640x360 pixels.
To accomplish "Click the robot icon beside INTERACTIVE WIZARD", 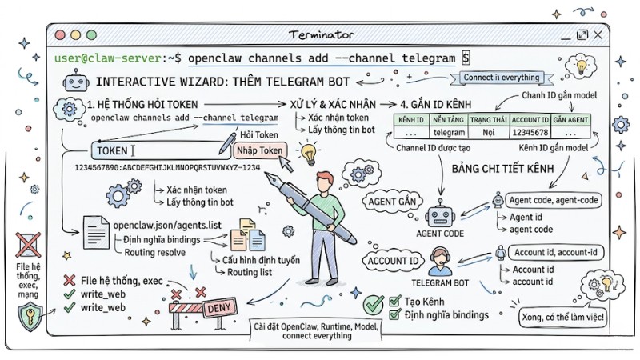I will [x=76, y=81].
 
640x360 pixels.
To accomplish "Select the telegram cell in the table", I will [x=449, y=133].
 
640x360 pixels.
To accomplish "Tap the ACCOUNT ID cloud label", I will [x=392, y=261].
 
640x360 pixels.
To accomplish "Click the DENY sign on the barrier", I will [x=219, y=307].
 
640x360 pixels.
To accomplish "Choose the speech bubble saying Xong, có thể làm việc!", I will [x=562, y=318].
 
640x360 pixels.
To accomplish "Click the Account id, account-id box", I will [x=558, y=253].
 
